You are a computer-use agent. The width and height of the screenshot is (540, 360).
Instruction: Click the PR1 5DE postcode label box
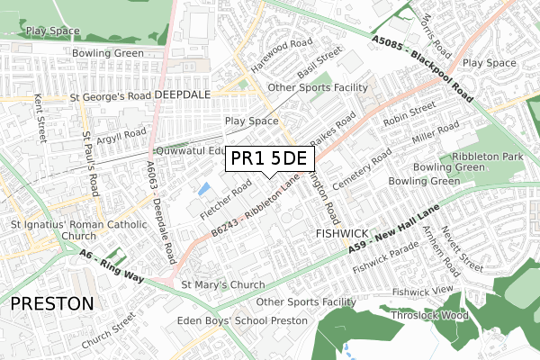tap(269, 159)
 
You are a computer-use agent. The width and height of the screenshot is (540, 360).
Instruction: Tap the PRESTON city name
tap(51, 303)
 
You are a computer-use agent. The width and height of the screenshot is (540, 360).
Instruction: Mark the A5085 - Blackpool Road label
tap(422, 63)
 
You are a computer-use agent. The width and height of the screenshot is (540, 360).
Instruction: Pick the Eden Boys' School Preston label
tap(244, 320)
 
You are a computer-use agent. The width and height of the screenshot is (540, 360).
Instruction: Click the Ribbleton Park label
tap(499, 157)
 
